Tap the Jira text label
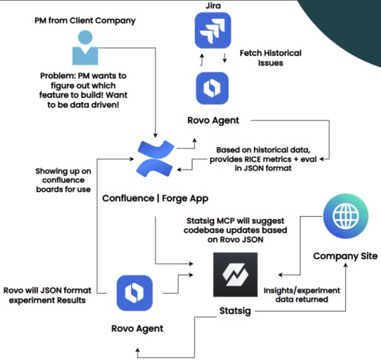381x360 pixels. click(x=213, y=6)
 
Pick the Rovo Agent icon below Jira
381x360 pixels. click(x=213, y=89)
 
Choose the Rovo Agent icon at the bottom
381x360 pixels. click(x=135, y=293)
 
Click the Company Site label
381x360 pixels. click(x=345, y=256)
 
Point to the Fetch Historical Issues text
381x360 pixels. click(x=270, y=58)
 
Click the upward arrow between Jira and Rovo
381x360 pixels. click(x=202, y=60)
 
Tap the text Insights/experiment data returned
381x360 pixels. click(x=301, y=295)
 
